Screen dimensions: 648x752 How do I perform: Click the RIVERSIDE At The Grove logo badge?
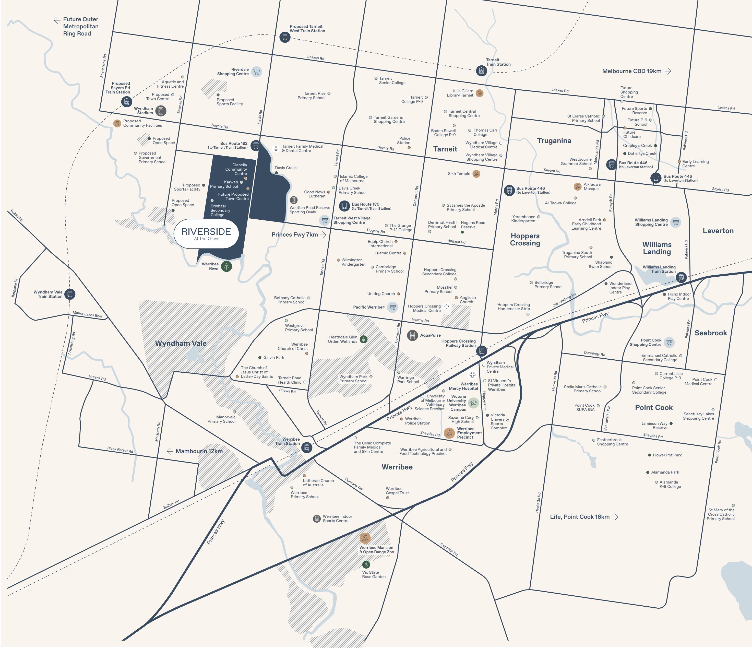tap(206, 234)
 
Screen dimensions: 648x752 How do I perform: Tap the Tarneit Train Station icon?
tap(481, 70)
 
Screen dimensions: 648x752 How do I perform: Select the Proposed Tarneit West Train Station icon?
tap(285, 37)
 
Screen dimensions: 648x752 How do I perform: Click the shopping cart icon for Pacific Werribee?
tap(392, 308)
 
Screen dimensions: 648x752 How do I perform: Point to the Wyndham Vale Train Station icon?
tap(70, 294)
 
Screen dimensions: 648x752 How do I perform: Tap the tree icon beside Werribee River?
tap(226, 266)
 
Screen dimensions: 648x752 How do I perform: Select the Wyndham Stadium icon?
tap(161, 111)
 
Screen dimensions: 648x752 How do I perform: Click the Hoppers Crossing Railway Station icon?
tap(482, 351)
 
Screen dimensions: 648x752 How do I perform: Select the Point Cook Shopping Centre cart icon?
tap(669, 342)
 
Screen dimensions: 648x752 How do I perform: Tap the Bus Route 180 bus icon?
tap(344, 206)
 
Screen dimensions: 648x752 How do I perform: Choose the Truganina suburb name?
tap(554, 141)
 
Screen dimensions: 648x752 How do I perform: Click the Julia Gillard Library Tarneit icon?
tap(480, 93)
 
